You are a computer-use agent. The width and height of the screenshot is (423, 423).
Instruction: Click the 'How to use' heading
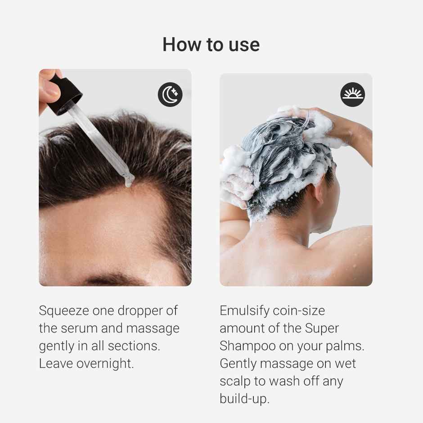click(211, 45)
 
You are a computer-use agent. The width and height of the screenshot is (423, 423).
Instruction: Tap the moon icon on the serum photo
click(170, 94)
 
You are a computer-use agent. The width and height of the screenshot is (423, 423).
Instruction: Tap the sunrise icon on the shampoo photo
click(352, 94)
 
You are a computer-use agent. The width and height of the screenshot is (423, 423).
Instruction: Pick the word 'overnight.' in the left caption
click(105, 364)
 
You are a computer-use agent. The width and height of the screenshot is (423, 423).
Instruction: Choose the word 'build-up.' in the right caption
click(244, 399)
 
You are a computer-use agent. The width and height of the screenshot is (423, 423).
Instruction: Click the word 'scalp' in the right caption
click(235, 382)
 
